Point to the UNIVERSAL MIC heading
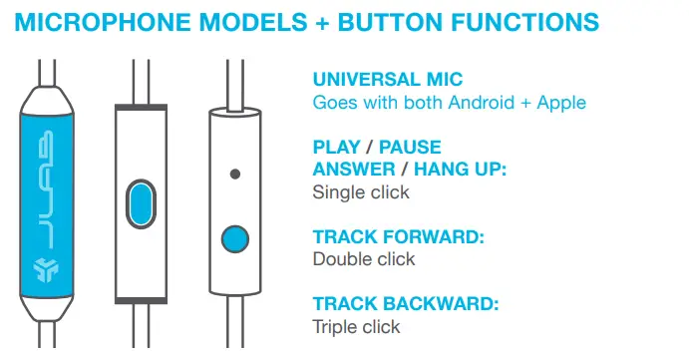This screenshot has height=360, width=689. [x=388, y=80]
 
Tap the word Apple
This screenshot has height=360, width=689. [x=557, y=102]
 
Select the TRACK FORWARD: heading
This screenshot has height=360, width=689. [x=399, y=237]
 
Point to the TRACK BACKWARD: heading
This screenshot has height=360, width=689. [x=406, y=305]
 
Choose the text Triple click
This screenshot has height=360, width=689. [x=356, y=327]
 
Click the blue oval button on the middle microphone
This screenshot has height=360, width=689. [x=143, y=205]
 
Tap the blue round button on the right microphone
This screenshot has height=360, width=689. [x=235, y=239]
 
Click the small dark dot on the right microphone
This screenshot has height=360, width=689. [x=235, y=174]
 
